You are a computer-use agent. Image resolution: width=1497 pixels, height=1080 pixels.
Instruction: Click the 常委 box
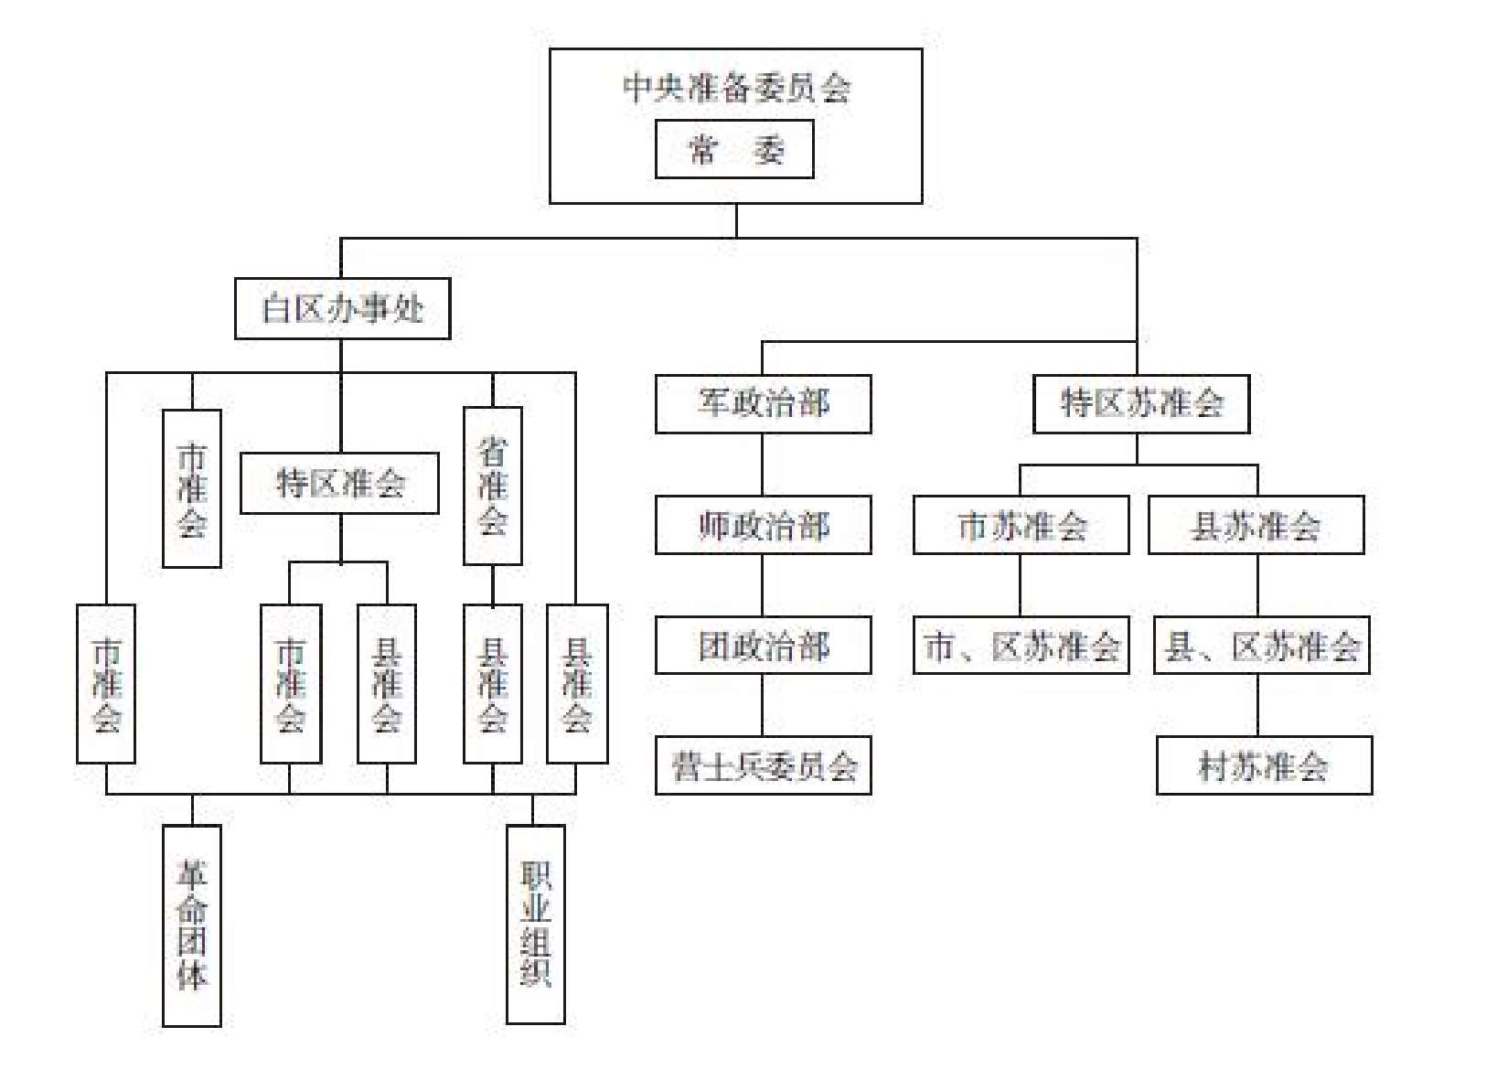tap(734, 149)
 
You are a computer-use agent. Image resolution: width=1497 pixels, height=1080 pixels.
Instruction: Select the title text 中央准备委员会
tap(736, 88)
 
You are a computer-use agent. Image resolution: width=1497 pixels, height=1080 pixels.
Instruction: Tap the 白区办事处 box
tap(342, 309)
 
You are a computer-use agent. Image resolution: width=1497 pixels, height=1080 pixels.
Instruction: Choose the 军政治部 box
tap(764, 403)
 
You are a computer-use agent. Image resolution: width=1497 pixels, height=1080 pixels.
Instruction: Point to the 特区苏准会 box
tap(1141, 403)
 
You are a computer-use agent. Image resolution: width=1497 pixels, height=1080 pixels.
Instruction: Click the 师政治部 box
tap(764, 525)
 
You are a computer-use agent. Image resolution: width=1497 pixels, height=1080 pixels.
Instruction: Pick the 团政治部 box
tap(764, 645)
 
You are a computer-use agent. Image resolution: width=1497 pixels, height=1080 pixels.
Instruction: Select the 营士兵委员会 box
tap(764, 765)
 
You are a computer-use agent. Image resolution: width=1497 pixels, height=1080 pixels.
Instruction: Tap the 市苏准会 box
tap(1021, 525)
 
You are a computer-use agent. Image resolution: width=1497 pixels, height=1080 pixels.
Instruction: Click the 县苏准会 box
tap(1256, 525)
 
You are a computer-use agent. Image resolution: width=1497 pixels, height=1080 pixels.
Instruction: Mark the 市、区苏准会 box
tap(1021, 645)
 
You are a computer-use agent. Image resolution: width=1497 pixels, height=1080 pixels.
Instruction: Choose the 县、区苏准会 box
tap(1262, 645)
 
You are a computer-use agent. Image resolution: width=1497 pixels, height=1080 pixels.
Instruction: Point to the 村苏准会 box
tap(1265, 765)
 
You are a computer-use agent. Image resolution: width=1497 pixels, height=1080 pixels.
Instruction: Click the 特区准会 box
tap(339, 483)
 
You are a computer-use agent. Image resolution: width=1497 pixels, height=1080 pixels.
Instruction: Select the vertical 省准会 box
tap(493, 486)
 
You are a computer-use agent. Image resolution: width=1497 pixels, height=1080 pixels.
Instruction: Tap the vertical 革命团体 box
tap(192, 925)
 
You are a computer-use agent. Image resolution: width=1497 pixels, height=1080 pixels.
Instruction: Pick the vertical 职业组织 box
tap(535, 925)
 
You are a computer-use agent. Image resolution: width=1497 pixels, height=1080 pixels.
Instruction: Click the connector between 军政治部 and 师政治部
tap(763, 465)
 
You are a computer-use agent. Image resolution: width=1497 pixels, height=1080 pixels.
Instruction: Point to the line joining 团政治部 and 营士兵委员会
tap(763, 705)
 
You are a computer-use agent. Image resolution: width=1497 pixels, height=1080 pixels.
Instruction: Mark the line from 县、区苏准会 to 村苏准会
tap(1257, 705)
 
